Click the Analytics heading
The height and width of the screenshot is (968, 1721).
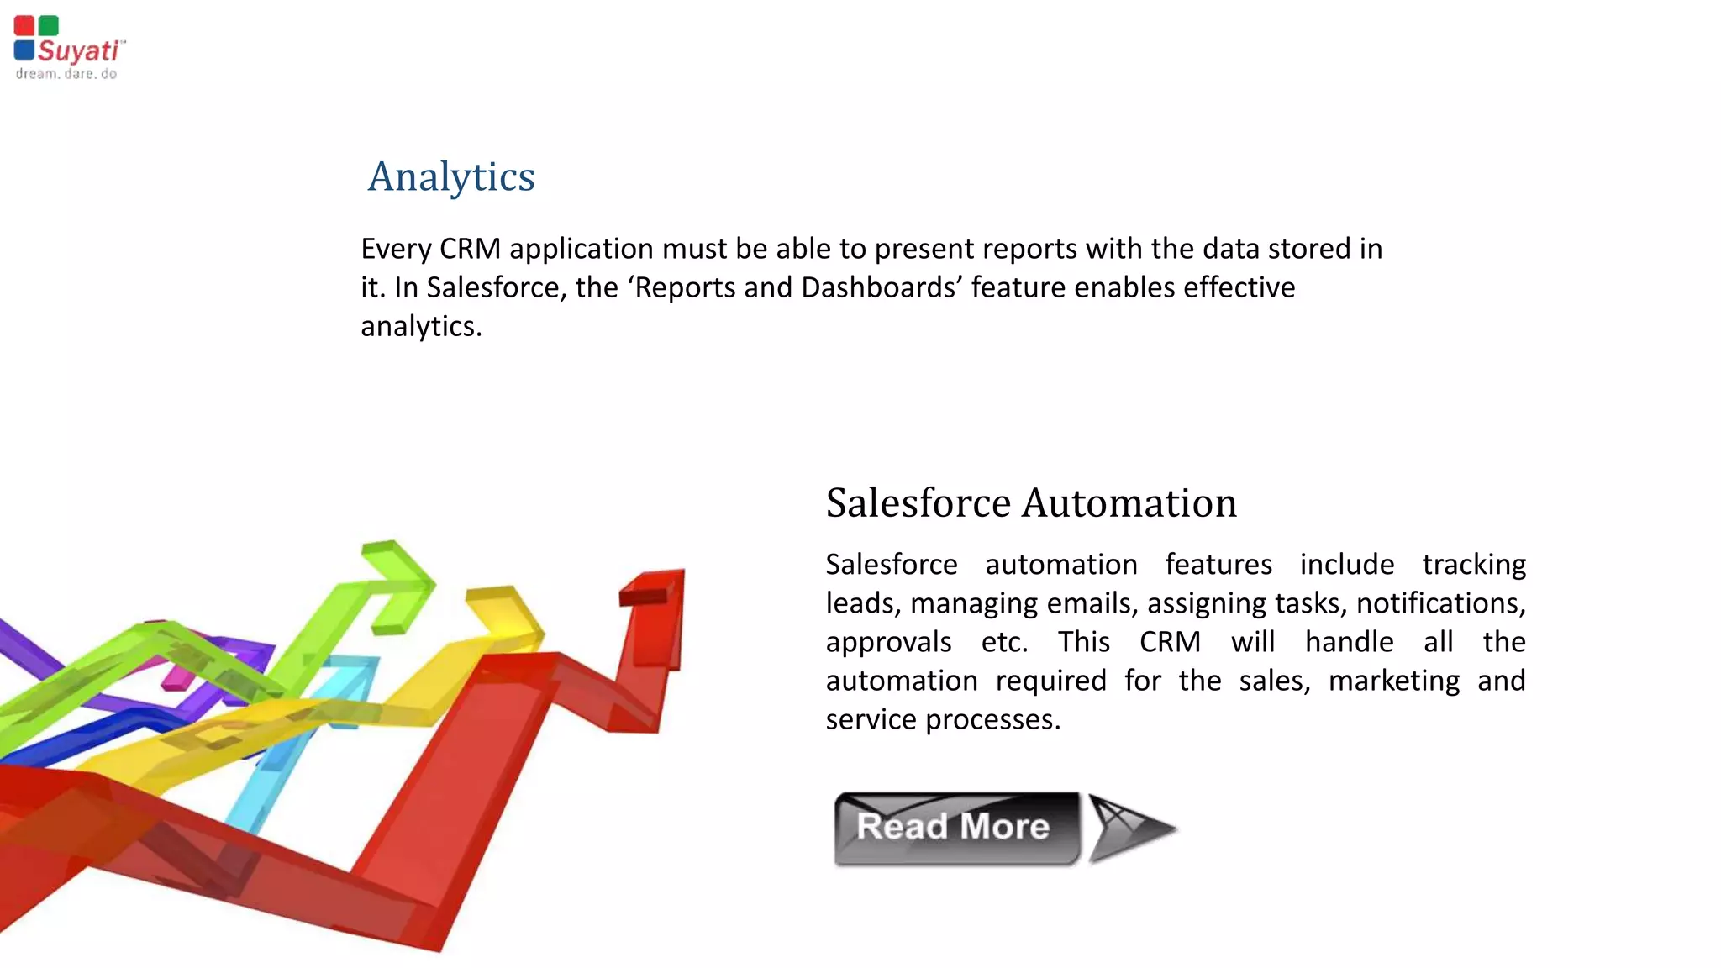point(451,176)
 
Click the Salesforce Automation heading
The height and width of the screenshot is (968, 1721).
point(1031,502)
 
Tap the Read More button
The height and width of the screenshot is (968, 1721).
point(955,828)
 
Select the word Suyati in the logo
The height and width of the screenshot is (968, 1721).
point(78,51)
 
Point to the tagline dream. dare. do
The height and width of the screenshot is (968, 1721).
point(66,74)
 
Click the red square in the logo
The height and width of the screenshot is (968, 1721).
point(24,26)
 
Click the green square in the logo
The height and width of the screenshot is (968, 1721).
point(49,26)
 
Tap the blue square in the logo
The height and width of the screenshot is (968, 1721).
point(24,50)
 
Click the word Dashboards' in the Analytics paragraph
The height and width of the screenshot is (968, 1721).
point(882,287)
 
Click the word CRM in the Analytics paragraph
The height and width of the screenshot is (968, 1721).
point(470,249)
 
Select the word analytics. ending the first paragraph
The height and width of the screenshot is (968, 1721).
point(421,326)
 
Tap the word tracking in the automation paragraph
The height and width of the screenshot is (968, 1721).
point(1473,565)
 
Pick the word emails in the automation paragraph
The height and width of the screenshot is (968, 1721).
point(1089,603)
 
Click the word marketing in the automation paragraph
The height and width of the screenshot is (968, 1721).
point(1393,681)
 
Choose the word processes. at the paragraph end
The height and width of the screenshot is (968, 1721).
point(992,719)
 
